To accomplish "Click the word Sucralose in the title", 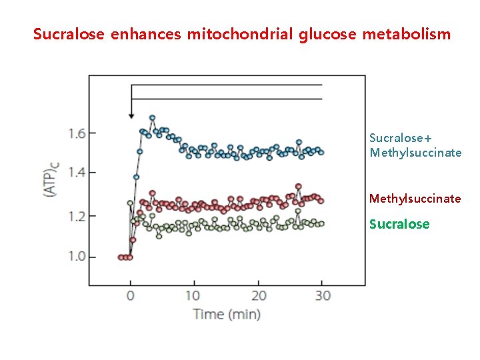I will pyautogui.click(x=69, y=33).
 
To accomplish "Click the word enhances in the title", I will pyautogui.click(x=145, y=33).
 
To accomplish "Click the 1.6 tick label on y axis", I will pyautogui.click(x=77, y=133).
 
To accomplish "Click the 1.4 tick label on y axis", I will pyautogui.click(x=77, y=173).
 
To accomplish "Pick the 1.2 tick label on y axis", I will pyautogui.click(x=77, y=216).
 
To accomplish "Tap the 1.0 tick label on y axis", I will pyautogui.click(x=77, y=257).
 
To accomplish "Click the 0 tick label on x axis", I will pyautogui.click(x=131, y=295).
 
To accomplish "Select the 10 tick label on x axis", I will pyautogui.click(x=192, y=295).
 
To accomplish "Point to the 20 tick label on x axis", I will pyautogui.click(x=259, y=295).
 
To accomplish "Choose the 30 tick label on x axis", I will pyautogui.click(x=323, y=295).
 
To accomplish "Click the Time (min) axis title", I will pyautogui.click(x=227, y=314).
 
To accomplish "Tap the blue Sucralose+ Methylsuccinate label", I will pyautogui.click(x=415, y=145).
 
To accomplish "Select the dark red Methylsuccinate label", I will pyautogui.click(x=415, y=199).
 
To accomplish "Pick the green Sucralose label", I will pyautogui.click(x=399, y=224).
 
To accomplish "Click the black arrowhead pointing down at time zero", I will pyautogui.click(x=131, y=115).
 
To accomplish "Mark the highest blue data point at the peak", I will pyautogui.click(x=152, y=118).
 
